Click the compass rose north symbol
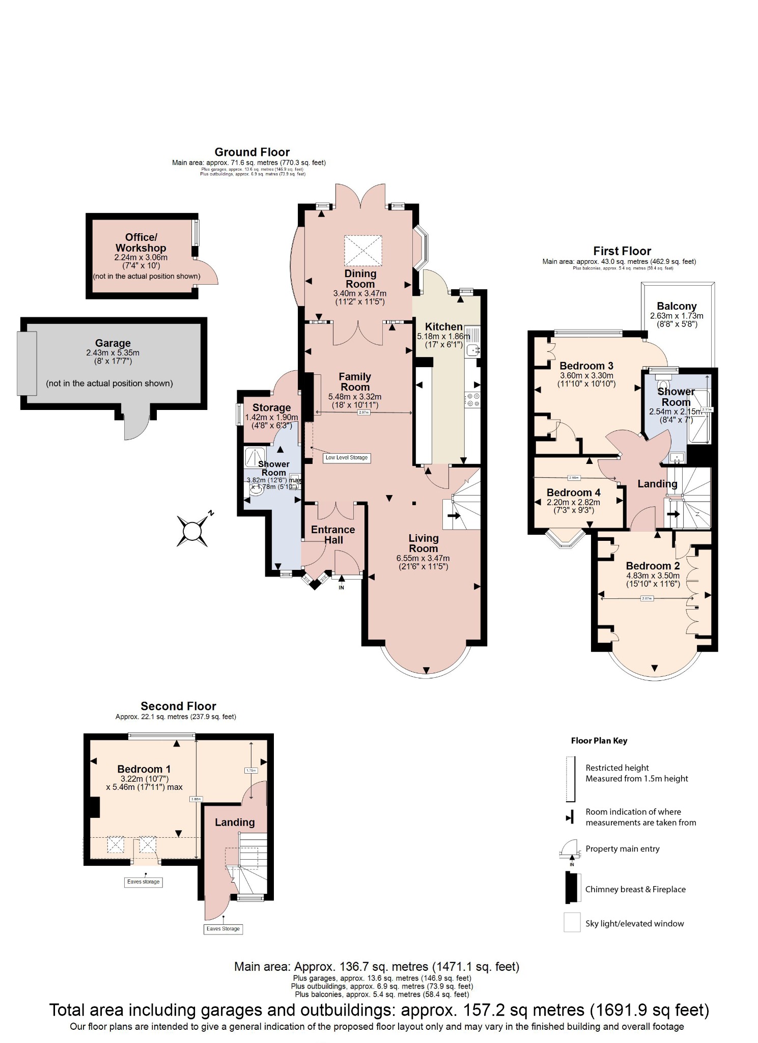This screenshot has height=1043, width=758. (x=192, y=531)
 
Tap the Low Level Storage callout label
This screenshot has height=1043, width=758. (x=347, y=458)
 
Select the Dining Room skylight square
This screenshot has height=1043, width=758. (x=362, y=250)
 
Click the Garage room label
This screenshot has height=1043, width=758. (x=113, y=343)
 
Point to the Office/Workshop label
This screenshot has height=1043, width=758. (x=141, y=242)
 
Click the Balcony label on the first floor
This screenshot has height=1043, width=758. (x=677, y=306)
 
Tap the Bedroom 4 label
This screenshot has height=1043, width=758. (x=573, y=492)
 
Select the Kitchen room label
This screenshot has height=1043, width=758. (x=443, y=327)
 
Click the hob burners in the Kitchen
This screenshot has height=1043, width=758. (x=473, y=400)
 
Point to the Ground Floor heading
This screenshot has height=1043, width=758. (x=252, y=152)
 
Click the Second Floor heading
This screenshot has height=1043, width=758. (x=178, y=706)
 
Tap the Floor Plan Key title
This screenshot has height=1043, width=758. (x=599, y=740)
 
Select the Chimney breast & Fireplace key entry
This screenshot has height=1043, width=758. (x=635, y=889)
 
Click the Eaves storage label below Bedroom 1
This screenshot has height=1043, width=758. (x=144, y=882)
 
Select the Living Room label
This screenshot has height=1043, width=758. (x=423, y=543)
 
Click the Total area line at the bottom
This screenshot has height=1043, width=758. (x=379, y=1010)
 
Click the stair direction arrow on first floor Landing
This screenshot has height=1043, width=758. (x=673, y=514)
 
